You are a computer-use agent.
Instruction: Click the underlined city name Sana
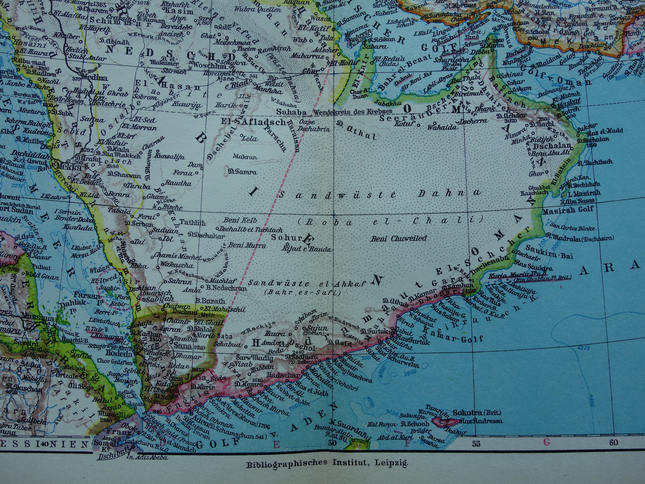click(x=183, y=346)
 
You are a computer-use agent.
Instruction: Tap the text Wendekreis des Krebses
click(x=352, y=112)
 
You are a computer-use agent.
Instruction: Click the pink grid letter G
click(x=546, y=442)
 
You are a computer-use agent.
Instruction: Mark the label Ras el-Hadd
click(x=604, y=132)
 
